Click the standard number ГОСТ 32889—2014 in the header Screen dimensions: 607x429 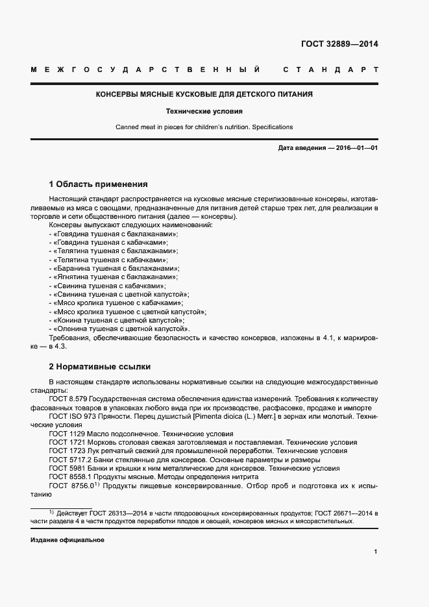pyautogui.click(x=339, y=45)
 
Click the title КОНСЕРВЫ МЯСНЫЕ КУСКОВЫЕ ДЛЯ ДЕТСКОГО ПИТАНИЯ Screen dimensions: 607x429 pyautogui.click(x=204, y=95)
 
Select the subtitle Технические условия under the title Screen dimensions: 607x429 pyautogui.click(x=204, y=111)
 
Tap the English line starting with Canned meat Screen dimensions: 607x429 pyautogui.click(x=204, y=127)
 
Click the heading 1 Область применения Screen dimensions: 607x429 pyautogui.click(x=99, y=184)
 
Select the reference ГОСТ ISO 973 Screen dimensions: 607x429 pyautogui.click(x=72, y=416)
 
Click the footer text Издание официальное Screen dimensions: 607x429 pyautogui.click(x=67, y=540)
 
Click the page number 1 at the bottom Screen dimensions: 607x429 pyautogui.click(x=376, y=551)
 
